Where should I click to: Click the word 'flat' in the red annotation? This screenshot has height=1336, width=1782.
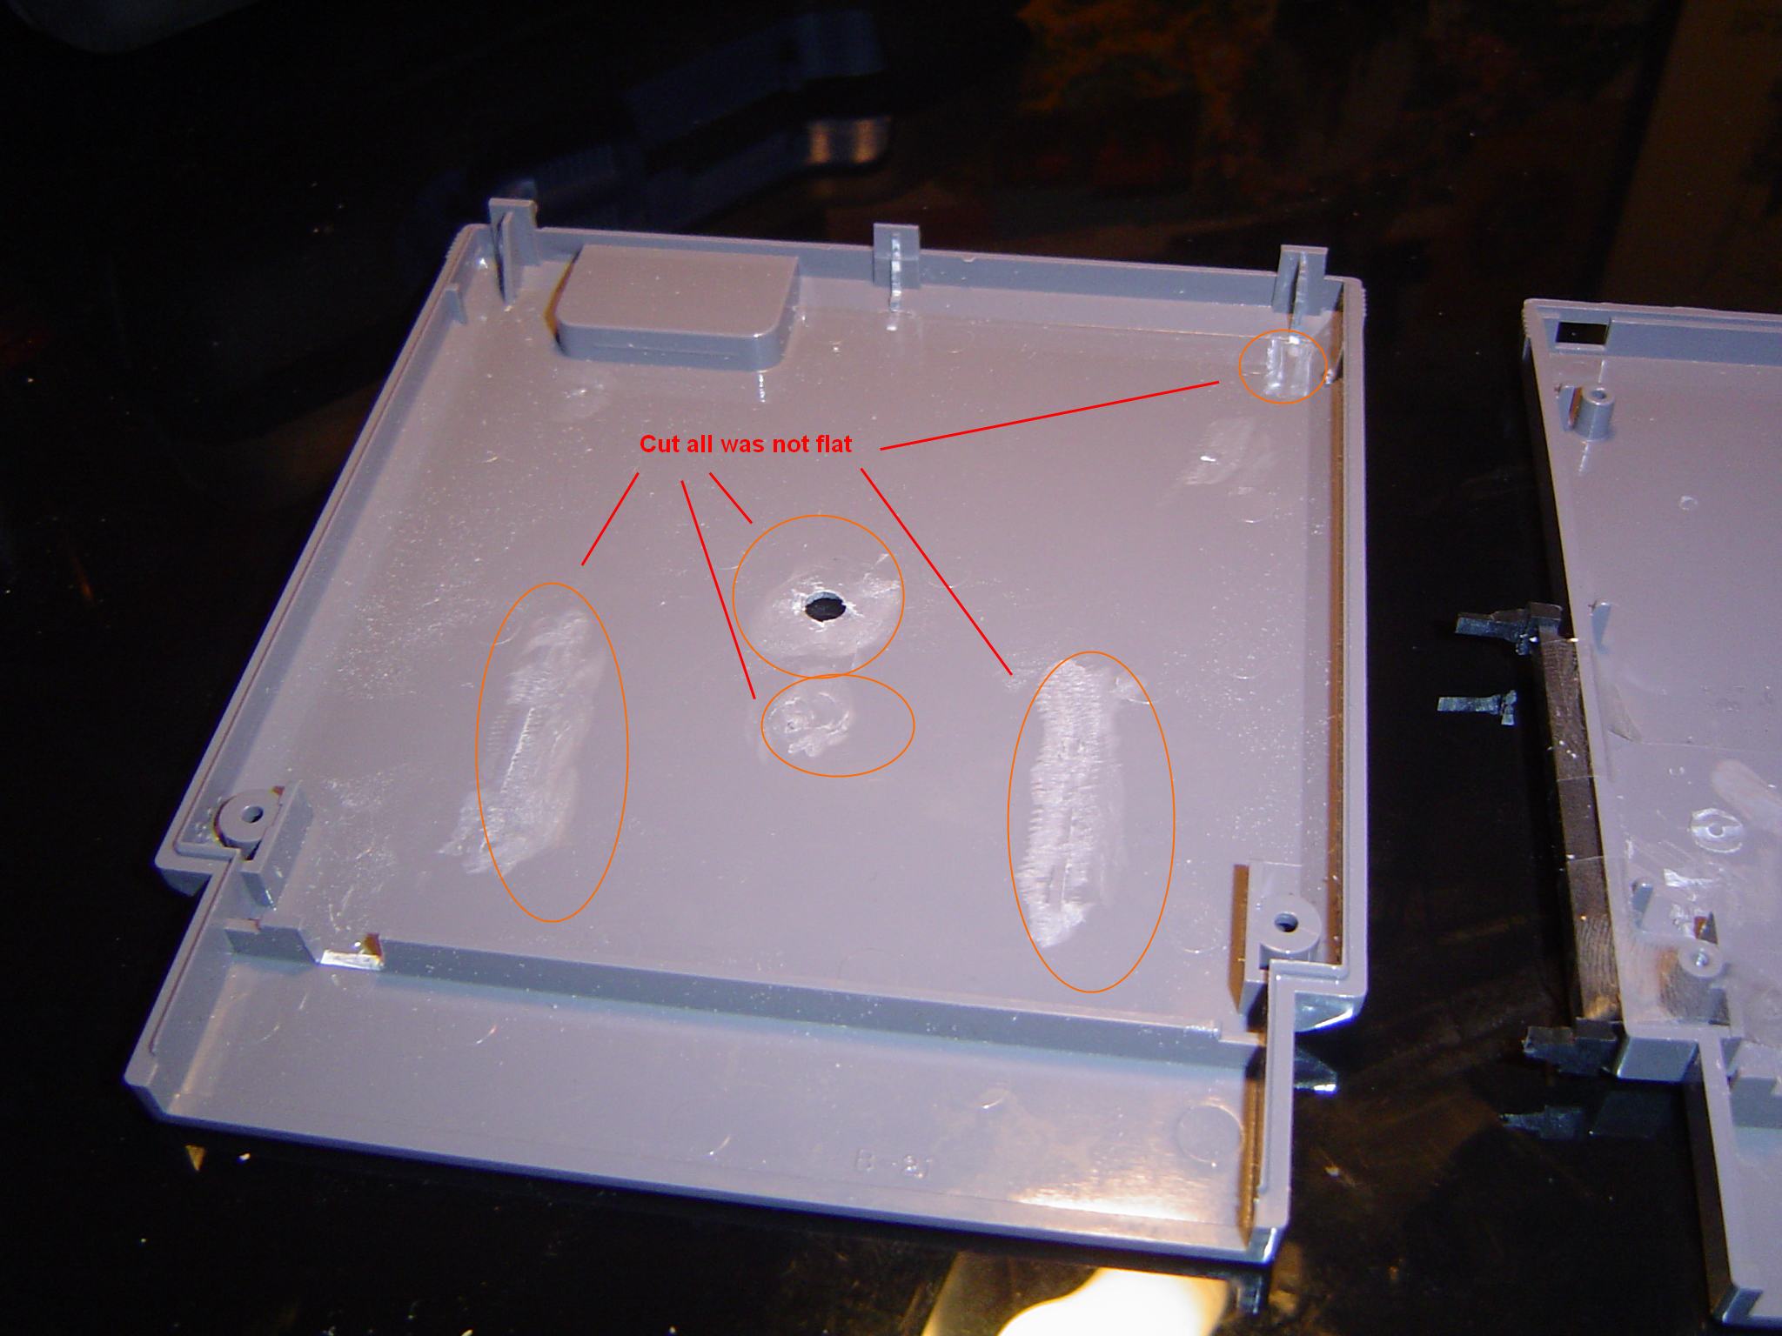tap(827, 444)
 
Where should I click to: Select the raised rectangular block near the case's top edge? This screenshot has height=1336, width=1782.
tap(675, 306)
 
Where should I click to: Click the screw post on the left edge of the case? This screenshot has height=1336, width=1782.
tap(246, 817)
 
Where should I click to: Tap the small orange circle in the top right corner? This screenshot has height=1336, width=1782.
tap(1283, 366)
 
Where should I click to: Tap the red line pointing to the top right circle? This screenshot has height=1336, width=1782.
tap(1049, 415)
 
